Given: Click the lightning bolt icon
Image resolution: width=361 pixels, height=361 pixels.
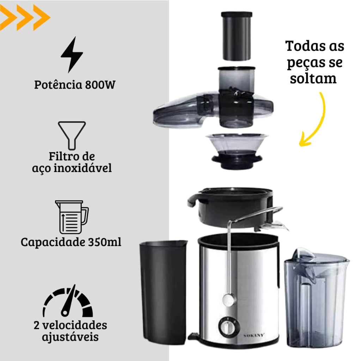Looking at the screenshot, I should tap(72, 55).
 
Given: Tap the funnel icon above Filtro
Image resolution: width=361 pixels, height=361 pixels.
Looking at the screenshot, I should tap(72, 135).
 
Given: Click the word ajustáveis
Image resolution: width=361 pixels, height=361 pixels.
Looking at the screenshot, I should tap(70, 337).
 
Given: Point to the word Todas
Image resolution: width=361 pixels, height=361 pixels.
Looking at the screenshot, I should tap(305, 46).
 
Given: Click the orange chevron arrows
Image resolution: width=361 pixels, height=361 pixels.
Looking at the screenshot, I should tap(25, 18).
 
